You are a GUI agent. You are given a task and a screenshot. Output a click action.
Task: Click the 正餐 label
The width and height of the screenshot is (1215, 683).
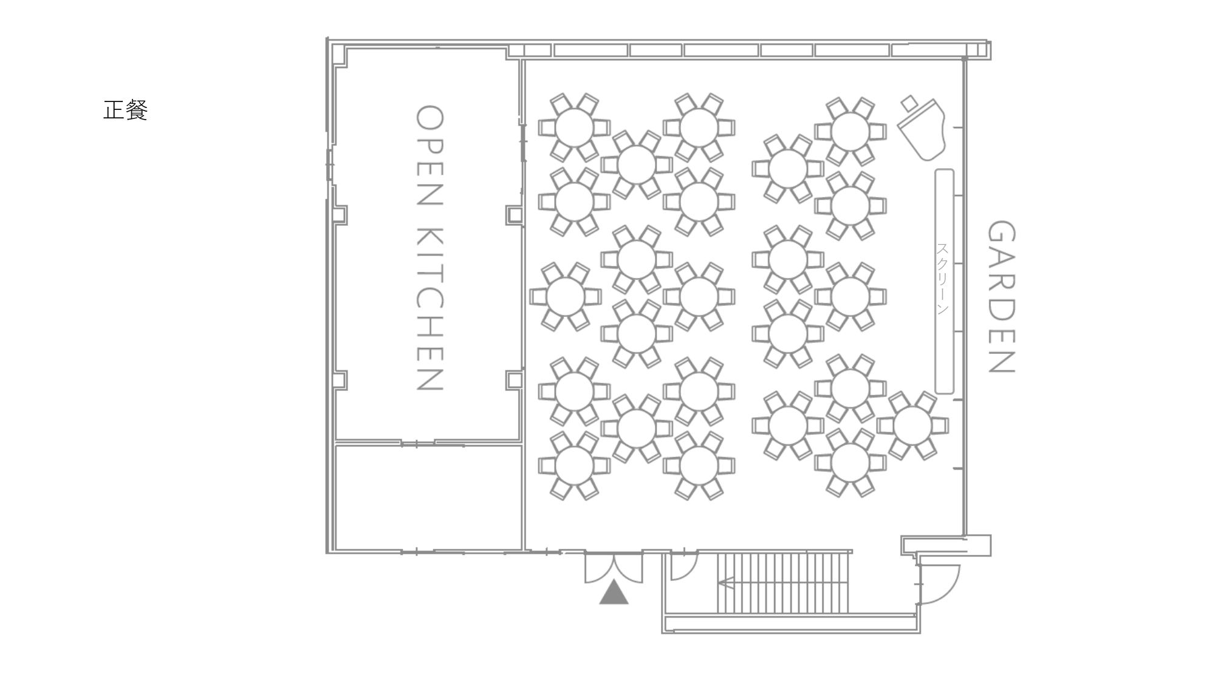[x=126, y=110]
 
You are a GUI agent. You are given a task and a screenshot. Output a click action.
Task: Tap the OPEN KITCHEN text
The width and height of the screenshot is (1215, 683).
[x=430, y=248]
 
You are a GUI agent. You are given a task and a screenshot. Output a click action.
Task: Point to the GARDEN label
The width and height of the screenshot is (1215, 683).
[x=1001, y=296]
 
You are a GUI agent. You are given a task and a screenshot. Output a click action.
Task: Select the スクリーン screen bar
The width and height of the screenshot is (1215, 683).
[x=944, y=281]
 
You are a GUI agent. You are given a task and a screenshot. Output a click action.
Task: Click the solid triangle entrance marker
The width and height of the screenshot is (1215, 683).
[x=614, y=592]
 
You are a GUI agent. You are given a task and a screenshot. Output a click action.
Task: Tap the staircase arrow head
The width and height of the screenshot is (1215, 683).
[x=724, y=583]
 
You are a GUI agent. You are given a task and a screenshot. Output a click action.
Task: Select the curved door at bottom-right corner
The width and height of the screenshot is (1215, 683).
[x=939, y=584]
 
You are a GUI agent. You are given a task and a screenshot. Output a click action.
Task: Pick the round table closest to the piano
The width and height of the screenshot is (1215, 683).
[x=850, y=131]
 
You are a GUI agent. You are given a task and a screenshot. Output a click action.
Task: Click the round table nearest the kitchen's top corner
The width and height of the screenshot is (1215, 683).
[x=574, y=127]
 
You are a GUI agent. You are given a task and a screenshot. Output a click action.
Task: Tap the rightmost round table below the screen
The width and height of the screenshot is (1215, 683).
[x=912, y=426]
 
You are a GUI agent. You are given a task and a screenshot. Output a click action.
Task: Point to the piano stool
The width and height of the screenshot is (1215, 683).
[x=909, y=103]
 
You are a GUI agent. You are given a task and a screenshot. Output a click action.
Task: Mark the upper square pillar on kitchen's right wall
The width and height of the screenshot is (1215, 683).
[x=514, y=214]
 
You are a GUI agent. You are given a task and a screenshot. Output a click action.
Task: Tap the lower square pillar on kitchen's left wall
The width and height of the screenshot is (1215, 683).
[x=339, y=380]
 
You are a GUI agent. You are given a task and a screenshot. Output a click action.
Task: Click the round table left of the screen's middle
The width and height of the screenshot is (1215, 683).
[x=850, y=296]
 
